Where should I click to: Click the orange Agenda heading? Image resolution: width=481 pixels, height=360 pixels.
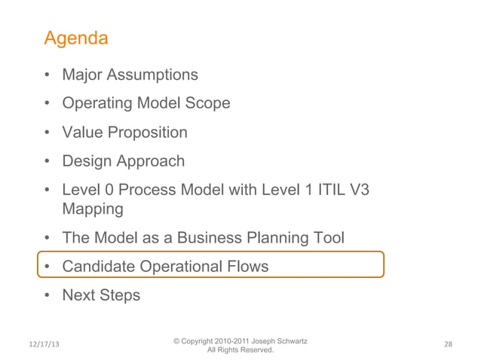[x=75, y=38]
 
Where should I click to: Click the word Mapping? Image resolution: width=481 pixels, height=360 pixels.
[x=93, y=209]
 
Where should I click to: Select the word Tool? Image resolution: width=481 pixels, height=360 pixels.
[x=326, y=238]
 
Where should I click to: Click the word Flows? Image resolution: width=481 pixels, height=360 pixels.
[x=247, y=267]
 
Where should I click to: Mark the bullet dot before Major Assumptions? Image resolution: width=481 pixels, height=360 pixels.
[x=47, y=75]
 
